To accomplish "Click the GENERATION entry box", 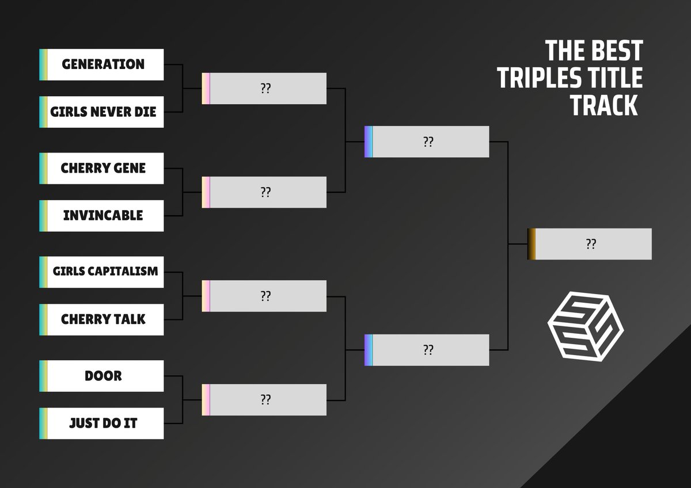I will (102, 64).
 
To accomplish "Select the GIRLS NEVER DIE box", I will (102, 112).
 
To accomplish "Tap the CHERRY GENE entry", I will (102, 168).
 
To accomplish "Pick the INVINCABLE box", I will (102, 216).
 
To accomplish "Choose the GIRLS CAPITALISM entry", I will (102, 272).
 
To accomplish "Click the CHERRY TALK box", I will (102, 319).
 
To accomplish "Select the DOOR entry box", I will (102, 376).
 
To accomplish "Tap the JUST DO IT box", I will (102, 424).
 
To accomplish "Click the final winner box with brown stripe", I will (590, 244).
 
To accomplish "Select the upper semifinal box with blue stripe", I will (427, 142).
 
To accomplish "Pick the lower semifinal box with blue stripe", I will (427, 350).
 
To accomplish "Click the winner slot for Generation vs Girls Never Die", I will (264, 89).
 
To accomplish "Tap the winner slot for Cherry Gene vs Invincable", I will (264, 192).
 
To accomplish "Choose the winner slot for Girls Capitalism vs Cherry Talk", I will (264, 296).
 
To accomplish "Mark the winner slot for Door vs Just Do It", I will (264, 399).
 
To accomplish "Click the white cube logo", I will (585, 327).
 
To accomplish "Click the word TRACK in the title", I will (605, 105).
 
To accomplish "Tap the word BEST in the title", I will (616, 51).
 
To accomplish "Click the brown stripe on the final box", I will (531, 244).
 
